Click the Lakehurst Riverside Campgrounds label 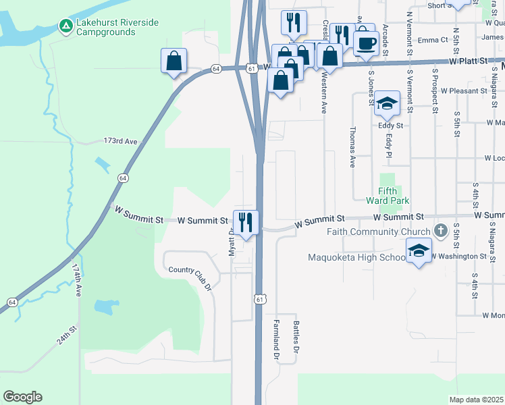click(117, 28)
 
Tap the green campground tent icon click(65, 26)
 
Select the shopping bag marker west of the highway click(174, 61)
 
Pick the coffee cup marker click(366, 44)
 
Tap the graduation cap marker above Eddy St click(387, 104)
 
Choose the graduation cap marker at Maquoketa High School click(419, 251)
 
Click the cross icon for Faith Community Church click(440, 231)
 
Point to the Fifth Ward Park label click(388, 196)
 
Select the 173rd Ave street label click(120, 141)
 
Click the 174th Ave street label click(77, 277)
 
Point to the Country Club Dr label click(190, 275)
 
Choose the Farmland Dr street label click(276, 340)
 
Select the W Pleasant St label click(464, 90)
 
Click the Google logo click(22, 397)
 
